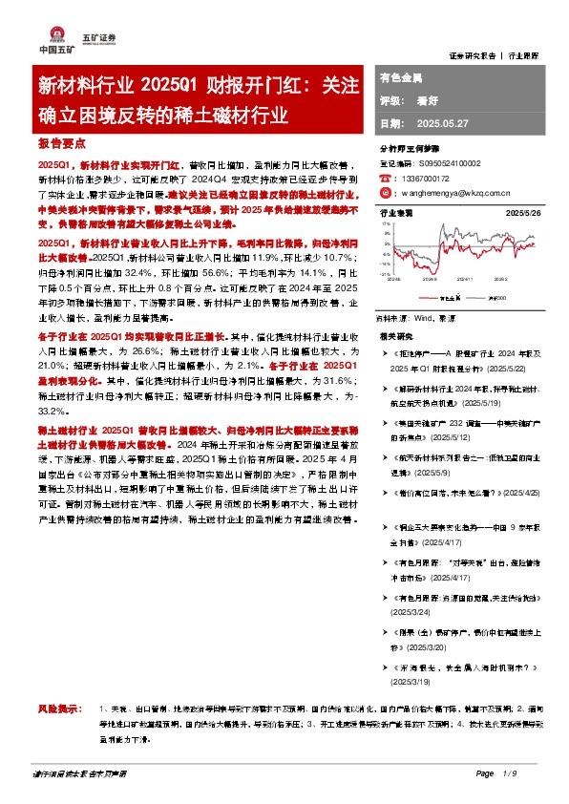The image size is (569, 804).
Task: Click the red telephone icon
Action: tap(384, 178)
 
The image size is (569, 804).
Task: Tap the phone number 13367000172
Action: tap(425, 178)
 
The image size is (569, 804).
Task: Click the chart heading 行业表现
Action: tap(395, 213)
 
